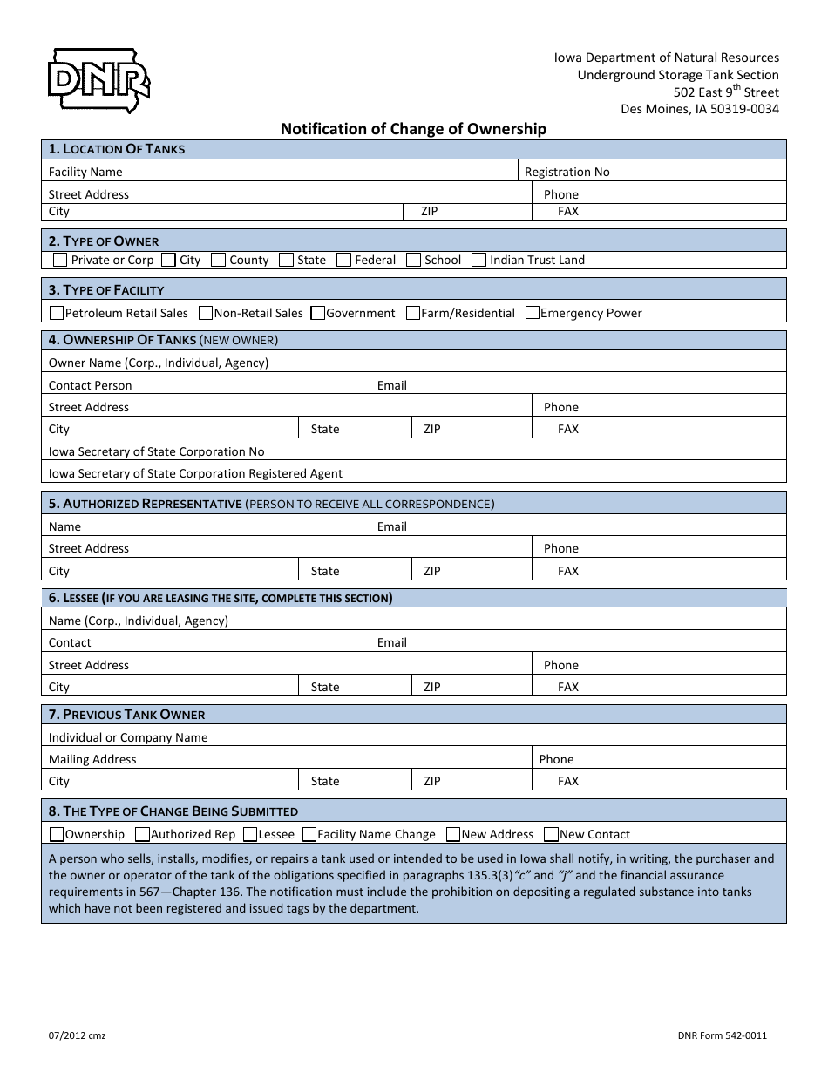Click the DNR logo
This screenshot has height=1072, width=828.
click(x=97, y=80)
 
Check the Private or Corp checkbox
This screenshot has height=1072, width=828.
click(x=59, y=260)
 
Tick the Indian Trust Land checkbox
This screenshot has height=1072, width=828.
click(x=478, y=260)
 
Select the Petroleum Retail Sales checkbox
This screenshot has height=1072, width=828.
click(x=57, y=313)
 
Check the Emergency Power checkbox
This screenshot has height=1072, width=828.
click(x=533, y=313)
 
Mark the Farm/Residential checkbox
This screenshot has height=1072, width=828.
click(x=413, y=313)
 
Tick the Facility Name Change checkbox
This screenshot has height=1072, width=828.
click(x=309, y=834)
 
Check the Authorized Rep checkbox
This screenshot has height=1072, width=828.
click(x=144, y=834)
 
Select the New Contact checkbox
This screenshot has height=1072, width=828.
click(x=551, y=834)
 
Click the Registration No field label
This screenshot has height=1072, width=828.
click(x=567, y=172)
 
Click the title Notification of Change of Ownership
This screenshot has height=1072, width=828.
click(x=413, y=129)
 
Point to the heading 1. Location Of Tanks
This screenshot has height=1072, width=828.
click(x=117, y=149)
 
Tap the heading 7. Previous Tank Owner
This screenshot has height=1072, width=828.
click(x=126, y=715)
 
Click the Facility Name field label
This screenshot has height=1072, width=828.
click(x=85, y=172)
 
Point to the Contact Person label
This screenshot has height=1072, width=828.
click(x=90, y=385)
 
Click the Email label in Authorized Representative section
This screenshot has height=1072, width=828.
click(x=391, y=526)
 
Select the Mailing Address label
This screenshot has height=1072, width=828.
click(x=92, y=759)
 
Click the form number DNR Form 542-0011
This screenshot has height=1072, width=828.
click(x=722, y=1036)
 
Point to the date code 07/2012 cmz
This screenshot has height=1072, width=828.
click(x=77, y=1036)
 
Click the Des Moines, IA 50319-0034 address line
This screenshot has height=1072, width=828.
click(x=699, y=109)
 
